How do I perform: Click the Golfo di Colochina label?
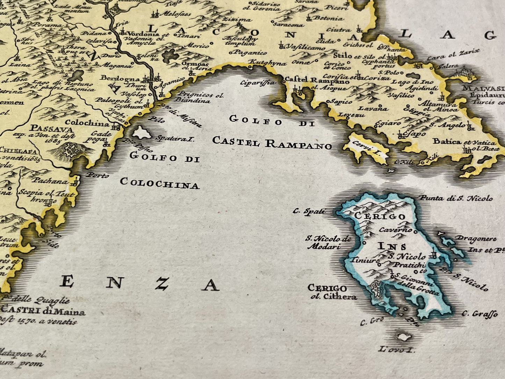(x=160, y=170)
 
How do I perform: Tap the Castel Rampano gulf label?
(x=272, y=131)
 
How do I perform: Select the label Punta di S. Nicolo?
(x=456, y=198)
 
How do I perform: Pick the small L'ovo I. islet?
(x=405, y=337)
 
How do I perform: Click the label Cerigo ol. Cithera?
(x=332, y=292)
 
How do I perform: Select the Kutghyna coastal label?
(x=267, y=64)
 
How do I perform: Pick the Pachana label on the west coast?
(x=50, y=181)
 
